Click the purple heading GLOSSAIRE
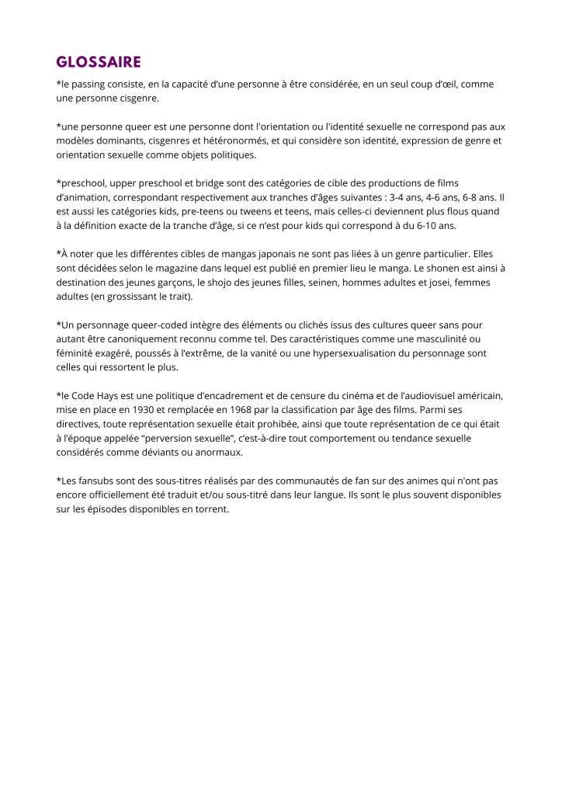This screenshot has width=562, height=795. [99, 61]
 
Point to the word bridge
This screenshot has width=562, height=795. [203, 183]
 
